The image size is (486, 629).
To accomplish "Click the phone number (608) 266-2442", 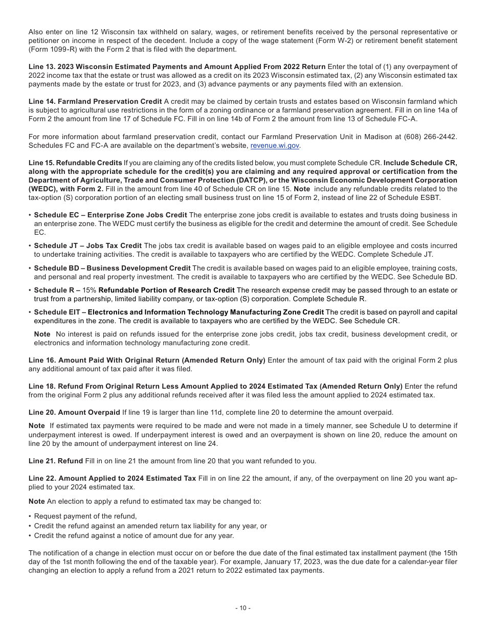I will pos(429,137).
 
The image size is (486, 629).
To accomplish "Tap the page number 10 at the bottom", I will pos(242,608).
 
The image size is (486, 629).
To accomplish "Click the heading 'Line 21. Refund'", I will pos(56,461).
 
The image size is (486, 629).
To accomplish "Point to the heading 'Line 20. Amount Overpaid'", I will pos(74,412).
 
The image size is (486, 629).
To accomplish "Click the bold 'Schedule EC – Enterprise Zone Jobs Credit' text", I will pos(111,215).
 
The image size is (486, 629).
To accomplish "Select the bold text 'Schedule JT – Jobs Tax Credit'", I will pos(87,246).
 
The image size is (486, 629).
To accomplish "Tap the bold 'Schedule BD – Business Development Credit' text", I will pos(112,268).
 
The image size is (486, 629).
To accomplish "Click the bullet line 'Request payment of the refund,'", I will pos(85,516).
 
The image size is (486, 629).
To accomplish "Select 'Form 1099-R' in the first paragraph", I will pos(49,50).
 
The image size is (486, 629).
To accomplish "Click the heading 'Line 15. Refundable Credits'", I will pos(75,163).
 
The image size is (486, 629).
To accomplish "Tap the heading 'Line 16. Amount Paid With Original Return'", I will pos(147,360).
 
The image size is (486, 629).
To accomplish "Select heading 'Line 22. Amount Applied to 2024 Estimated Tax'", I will pos(112,478).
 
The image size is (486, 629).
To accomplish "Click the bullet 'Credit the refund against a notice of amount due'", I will pos(134,535).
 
